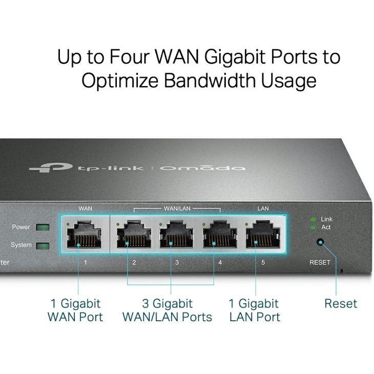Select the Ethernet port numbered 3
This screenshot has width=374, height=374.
[x=177, y=234]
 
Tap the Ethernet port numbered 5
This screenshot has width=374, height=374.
[x=263, y=234]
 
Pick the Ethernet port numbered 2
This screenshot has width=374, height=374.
[x=134, y=234]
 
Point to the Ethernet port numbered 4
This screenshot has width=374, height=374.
[x=220, y=234]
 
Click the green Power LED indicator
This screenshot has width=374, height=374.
[x=43, y=227]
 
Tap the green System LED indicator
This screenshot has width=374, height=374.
[x=43, y=246]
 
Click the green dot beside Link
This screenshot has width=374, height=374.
[x=313, y=219]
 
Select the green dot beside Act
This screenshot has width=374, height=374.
[x=313, y=227]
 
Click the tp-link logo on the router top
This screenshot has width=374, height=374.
[x=87, y=168]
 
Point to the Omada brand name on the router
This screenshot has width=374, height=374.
[x=202, y=168]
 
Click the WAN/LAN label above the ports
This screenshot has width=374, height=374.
[x=177, y=209]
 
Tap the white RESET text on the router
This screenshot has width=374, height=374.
[x=320, y=262]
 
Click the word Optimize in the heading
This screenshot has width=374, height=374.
[x=120, y=80]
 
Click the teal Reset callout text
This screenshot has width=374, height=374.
[x=341, y=304]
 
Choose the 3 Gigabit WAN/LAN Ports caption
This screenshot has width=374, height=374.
[x=167, y=310]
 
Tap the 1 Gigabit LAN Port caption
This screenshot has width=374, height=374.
[x=255, y=310]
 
